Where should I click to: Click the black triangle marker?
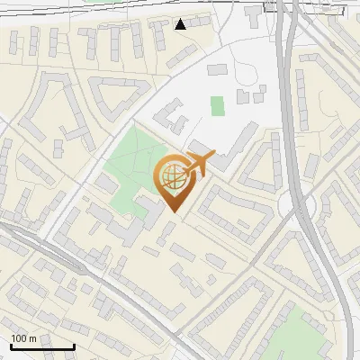point(181,24)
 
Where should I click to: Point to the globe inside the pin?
point(173,176)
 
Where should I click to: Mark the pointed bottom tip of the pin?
point(175,211)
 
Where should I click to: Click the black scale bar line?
point(42,346)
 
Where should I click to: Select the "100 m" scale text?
point(23,338)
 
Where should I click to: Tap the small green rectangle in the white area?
point(217,106)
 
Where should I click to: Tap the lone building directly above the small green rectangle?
point(218,69)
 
